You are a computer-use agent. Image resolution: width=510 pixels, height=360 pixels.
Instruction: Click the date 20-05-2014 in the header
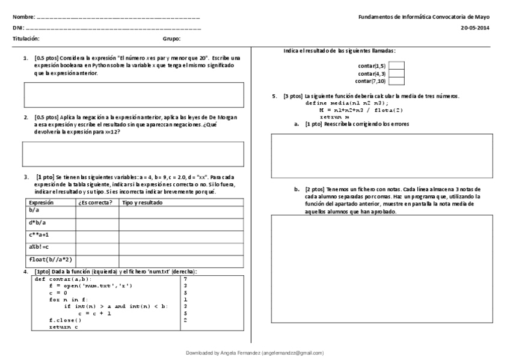click(475, 28)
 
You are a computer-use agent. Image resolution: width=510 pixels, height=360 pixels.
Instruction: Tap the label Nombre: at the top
click(25, 18)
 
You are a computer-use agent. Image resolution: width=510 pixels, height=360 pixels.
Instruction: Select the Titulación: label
click(26, 38)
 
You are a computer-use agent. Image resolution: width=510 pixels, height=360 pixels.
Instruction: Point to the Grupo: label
click(171, 38)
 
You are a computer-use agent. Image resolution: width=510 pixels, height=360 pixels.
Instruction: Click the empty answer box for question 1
click(134, 95)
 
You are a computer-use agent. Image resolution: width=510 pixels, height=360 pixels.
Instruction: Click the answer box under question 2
click(134, 154)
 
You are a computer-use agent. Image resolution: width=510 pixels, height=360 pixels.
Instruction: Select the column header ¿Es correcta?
click(96, 203)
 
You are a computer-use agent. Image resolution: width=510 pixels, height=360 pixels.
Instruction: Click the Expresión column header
click(41, 203)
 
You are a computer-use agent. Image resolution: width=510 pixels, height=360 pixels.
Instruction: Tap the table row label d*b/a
click(37, 222)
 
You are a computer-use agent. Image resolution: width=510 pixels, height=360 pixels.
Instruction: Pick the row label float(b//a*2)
click(51, 260)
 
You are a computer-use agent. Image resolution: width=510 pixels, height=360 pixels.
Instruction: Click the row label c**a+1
click(40, 235)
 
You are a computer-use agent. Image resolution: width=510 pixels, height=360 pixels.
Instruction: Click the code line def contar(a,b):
click(63, 279)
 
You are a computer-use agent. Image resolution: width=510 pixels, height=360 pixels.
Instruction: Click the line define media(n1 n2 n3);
click(343, 103)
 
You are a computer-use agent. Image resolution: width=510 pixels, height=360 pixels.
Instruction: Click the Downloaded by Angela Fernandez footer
click(254, 353)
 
